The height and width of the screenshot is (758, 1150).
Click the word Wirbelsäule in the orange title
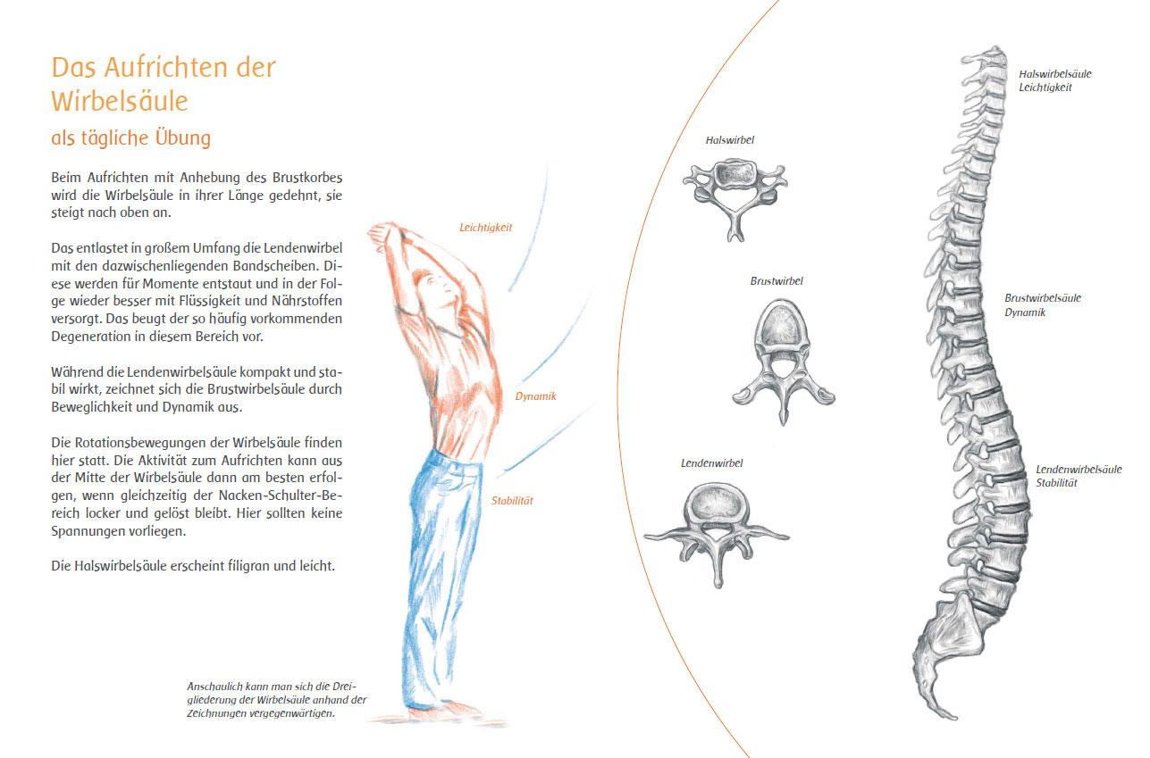pyautogui.click(x=120, y=100)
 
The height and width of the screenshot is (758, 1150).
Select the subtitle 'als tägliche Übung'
pyautogui.click(x=130, y=138)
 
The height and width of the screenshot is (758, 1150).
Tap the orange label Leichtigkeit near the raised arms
pyautogui.click(x=485, y=228)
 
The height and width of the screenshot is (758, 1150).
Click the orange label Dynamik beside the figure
pyautogui.click(x=535, y=396)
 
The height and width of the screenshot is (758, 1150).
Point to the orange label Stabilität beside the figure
pyautogui.click(x=512, y=501)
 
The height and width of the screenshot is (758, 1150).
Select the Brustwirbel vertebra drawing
pyautogui.click(x=782, y=357)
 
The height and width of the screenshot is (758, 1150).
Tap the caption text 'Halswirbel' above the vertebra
pyautogui.click(x=729, y=140)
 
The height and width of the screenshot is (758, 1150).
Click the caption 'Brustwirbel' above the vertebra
pyautogui.click(x=776, y=281)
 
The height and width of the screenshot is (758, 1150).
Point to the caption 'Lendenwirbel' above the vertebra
pyautogui.click(x=711, y=463)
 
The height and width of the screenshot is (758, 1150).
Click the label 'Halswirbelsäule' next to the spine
pyautogui.click(x=1054, y=74)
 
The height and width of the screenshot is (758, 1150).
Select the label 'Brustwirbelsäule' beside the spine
pyautogui.click(x=1042, y=298)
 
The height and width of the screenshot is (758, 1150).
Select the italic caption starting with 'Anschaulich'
pyautogui.click(x=276, y=700)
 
